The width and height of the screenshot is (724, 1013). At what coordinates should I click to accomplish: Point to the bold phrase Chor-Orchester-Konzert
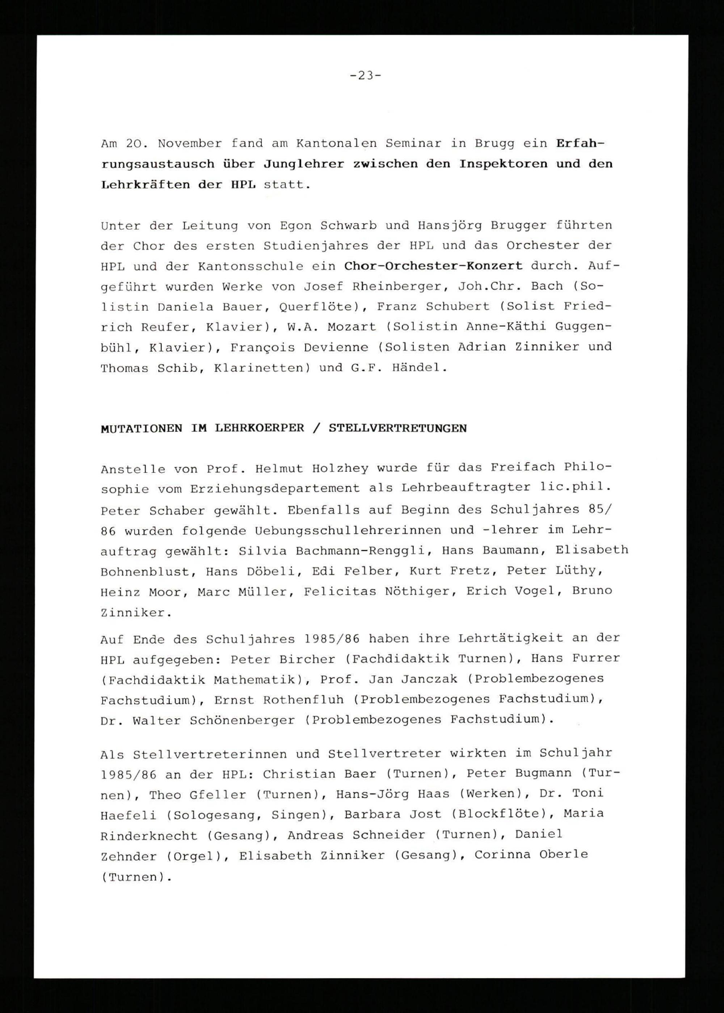(433, 266)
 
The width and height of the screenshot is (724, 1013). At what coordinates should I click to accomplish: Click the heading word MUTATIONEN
(141, 429)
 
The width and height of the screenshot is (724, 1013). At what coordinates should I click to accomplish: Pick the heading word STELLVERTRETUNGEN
(398, 429)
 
